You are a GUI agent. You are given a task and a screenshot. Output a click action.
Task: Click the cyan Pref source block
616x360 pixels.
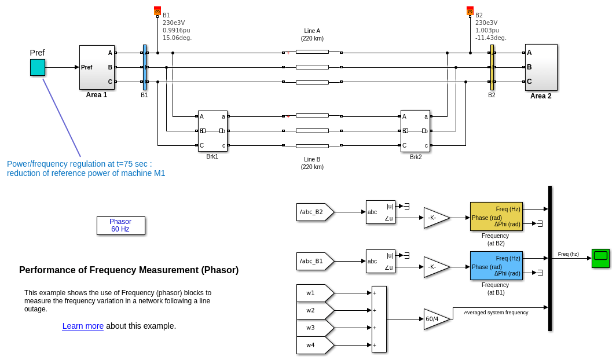point(38,67)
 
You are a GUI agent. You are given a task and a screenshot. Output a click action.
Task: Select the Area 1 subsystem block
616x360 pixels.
point(97,67)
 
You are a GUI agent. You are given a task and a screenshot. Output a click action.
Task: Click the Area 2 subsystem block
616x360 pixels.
point(541,67)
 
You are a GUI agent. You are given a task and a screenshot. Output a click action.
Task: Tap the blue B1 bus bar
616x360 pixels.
point(145,67)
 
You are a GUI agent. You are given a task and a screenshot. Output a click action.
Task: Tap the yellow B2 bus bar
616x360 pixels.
point(492,67)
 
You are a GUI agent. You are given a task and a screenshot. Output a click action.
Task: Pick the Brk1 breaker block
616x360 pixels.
point(212,131)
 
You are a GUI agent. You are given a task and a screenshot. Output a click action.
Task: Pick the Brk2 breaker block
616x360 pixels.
point(415,131)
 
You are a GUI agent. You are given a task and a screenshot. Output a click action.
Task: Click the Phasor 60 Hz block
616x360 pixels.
point(120,226)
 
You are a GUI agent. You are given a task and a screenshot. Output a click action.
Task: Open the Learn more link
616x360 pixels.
point(83,326)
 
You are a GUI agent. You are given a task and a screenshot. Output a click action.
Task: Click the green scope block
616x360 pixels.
point(600,258)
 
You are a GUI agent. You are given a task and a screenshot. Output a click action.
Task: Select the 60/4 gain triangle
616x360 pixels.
point(435,319)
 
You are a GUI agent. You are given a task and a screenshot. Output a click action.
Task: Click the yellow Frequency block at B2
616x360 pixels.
point(496,216)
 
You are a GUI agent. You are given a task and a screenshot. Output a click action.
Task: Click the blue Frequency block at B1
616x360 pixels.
point(496,266)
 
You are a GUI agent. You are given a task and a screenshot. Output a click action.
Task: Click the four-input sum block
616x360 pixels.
point(379,319)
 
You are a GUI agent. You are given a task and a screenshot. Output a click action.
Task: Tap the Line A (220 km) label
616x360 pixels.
point(312,35)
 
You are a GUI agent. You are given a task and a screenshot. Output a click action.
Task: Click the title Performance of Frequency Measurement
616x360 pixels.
point(129,270)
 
